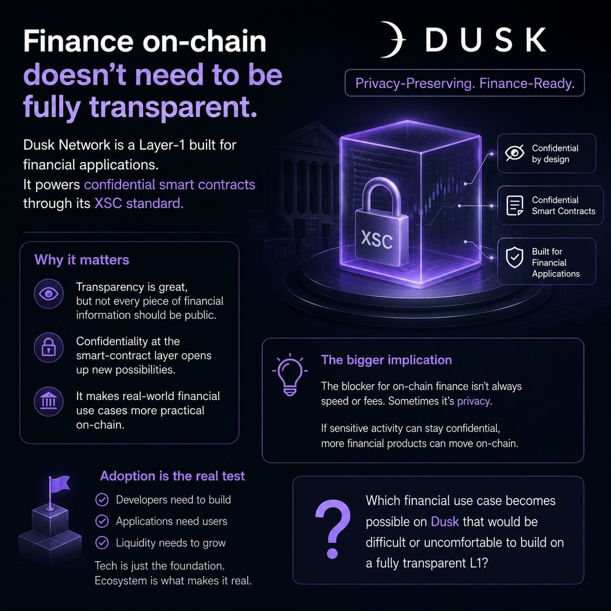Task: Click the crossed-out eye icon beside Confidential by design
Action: (x=515, y=153)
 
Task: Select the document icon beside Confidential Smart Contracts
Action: (x=515, y=206)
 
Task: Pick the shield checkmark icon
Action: (x=515, y=257)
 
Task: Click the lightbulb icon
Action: (x=290, y=375)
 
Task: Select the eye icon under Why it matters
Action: (x=49, y=294)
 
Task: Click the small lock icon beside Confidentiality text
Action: (x=49, y=347)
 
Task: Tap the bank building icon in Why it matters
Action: (x=49, y=402)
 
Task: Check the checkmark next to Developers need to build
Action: (x=102, y=500)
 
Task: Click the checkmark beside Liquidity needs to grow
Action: (x=102, y=542)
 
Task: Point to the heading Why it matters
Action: (x=82, y=260)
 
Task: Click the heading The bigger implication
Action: (x=386, y=360)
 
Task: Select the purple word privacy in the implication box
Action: (x=474, y=401)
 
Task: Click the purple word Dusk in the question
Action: (x=444, y=521)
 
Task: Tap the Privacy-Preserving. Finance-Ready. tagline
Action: (x=465, y=83)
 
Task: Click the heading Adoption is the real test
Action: (x=172, y=476)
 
